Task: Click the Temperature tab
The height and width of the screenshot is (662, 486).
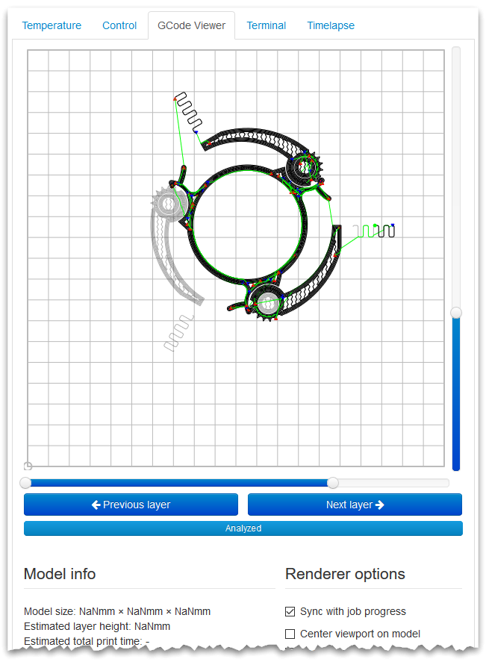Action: [52, 25]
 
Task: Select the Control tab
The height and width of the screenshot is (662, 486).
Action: [119, 25]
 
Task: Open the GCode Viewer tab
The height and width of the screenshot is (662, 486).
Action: [191, 25]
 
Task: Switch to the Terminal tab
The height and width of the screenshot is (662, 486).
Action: [266, 25]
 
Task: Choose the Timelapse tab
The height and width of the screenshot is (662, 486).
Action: [331, 25]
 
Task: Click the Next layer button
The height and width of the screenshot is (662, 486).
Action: [355, 505]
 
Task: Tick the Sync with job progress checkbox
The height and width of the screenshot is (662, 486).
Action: [290, 611]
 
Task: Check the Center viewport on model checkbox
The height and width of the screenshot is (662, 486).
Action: [290, 634]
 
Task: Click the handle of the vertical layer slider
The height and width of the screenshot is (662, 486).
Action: [456, 312]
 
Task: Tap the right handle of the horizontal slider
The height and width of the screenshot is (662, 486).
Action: [333, 483]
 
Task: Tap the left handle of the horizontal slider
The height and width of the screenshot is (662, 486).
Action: [25, 483]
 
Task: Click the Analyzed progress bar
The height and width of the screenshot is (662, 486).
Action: [243, 528]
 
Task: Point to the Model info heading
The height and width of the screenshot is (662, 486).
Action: [60, 574]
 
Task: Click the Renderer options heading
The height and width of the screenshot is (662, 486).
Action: [345, 574]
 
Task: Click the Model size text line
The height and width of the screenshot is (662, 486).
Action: [117, 611]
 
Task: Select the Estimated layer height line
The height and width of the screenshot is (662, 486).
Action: [97, 626]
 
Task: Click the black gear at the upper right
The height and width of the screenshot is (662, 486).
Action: [304, 168]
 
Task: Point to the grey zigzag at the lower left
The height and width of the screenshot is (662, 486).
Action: [178, 333]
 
